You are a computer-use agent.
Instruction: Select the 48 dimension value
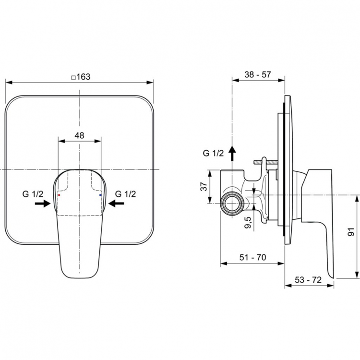point(80,136)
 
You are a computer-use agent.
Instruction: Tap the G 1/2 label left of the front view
point(33,194)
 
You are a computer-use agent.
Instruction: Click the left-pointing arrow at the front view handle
point(116,204)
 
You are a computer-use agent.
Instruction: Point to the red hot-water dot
point(59,196)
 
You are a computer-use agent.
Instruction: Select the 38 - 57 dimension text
point(258,75)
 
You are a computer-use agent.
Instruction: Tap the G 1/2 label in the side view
point(213,154)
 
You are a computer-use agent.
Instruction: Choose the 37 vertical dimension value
point(203,186)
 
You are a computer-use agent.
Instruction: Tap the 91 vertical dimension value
point(351,234)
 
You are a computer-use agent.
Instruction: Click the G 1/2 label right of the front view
point(126,194)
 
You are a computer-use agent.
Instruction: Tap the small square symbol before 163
point(73,77)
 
